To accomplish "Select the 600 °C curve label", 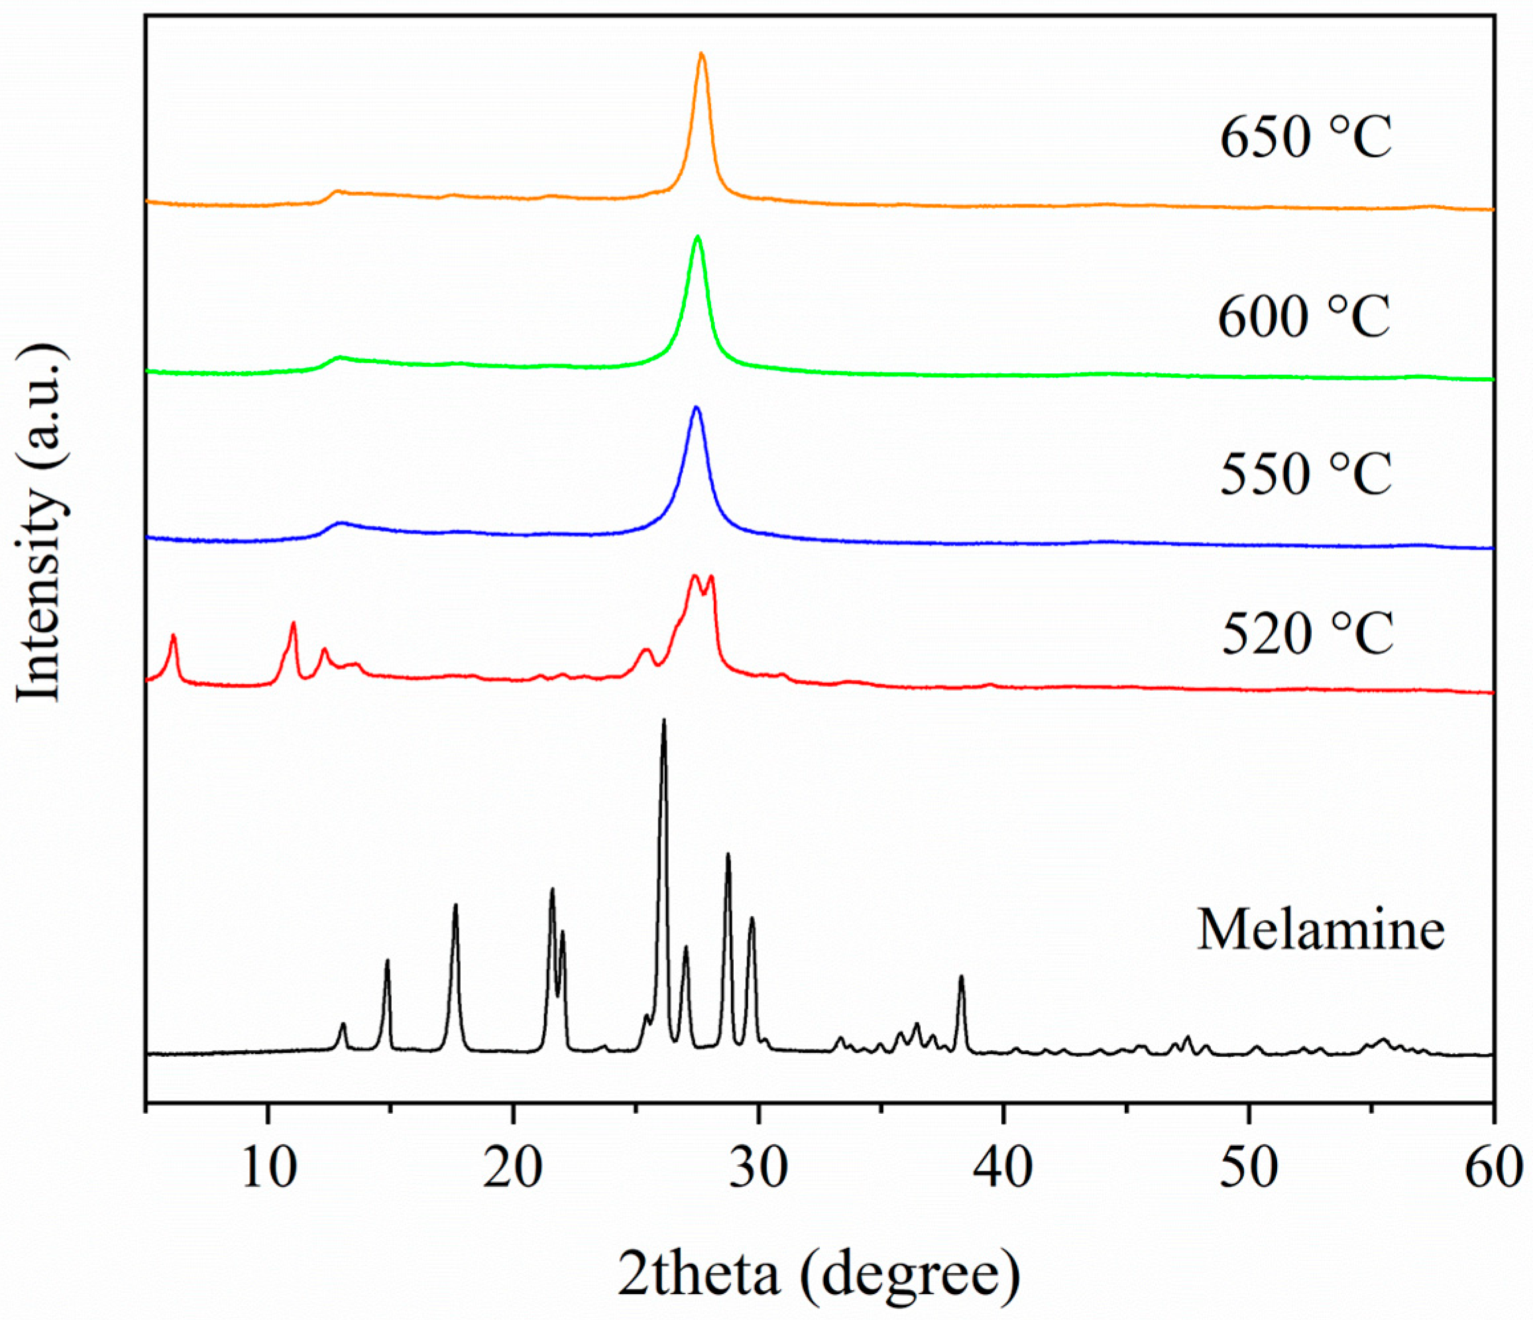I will (x=1304, y=317).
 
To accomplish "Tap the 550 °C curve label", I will (x=1305, y=473).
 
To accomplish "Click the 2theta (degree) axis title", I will (x=819, y=1274).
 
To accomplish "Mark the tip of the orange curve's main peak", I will (x=701, y=53).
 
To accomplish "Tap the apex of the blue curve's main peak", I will (x=695, y=407).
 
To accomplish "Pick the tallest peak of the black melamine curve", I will (x=663, y=719).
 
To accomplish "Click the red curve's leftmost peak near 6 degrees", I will (x=174, y=635).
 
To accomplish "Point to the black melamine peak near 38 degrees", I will (x=961, y=977).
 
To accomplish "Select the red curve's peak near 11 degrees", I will (x=294, y=623).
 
